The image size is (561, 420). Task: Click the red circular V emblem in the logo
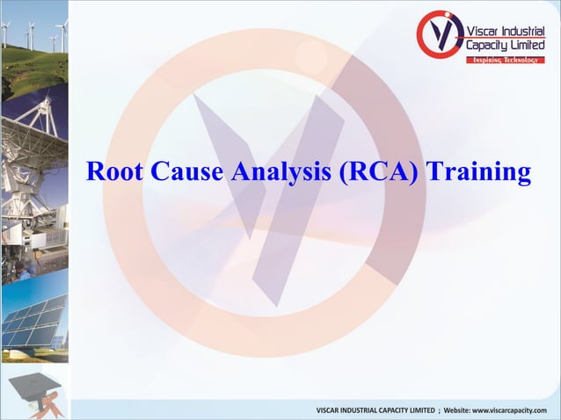pyautogui.click(x=439, y=35)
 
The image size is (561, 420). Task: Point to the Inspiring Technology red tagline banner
pyautogui.click(x=505, y=59)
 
